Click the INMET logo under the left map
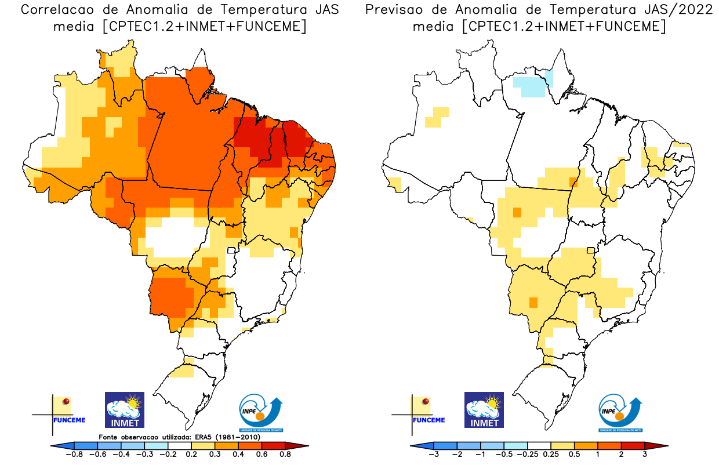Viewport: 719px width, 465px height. click(x=124, y=410)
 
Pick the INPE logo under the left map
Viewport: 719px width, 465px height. click(x=260, y=413)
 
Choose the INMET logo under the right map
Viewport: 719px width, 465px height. click(x=484, y=410)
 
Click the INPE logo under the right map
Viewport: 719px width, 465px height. click(x=620, y=413)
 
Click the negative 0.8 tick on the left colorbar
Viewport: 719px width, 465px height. click(x=75, y=455)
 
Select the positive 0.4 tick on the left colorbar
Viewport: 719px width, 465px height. click(x=237, y=455)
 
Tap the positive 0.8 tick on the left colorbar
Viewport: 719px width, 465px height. click(x=285, y=455)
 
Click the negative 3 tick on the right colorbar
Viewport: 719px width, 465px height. click(x=434, y=455)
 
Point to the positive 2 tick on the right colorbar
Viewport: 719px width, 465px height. click(x=621, y=455)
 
